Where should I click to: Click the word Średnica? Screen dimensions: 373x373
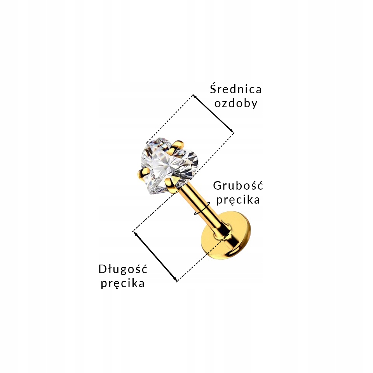click(x=235, y=89)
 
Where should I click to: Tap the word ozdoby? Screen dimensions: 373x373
click(x=236, y=104)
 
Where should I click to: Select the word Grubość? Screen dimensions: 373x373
click(x=238, y=186)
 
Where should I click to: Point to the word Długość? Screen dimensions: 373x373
click(x=123, y=268)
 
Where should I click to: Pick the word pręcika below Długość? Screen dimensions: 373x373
click(x=123, y=283)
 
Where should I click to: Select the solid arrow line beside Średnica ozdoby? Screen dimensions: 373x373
click(x=213, y=113)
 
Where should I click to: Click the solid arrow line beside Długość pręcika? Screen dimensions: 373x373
click(x=155, y=256)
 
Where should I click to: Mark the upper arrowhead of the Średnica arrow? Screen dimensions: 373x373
click(x=194, y=96)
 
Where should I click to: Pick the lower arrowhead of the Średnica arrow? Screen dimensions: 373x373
click(x=232, y=131)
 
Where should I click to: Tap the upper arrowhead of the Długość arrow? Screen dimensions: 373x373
click(x=135, y=233)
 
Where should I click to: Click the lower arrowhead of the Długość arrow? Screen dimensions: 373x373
click(x=175, y=279)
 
